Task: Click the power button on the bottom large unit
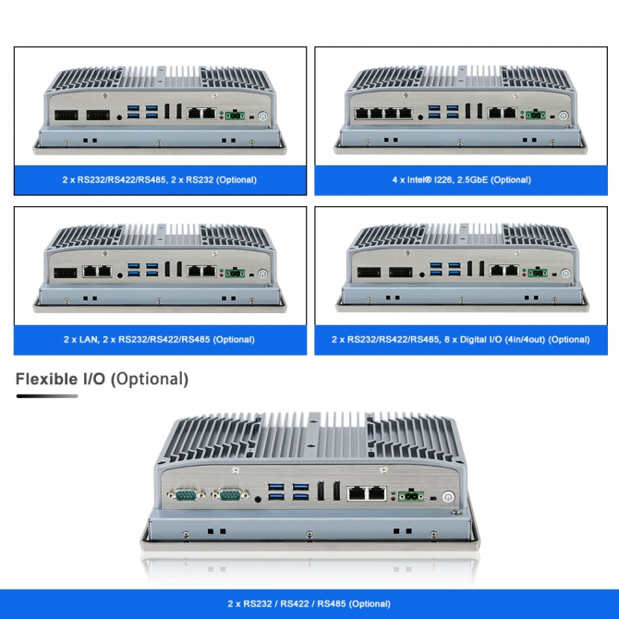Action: [448, 497]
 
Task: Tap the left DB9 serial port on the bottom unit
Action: [186, 494]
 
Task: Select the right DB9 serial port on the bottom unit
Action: [230, 494]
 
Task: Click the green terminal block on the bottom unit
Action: [411, 495]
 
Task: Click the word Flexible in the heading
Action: [46, 379]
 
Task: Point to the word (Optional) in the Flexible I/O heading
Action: [150, 379]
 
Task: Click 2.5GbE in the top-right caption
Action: [469, 180]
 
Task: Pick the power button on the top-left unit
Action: [262, 116]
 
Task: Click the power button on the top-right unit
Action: [564, 116]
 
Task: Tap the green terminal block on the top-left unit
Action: [235, 115]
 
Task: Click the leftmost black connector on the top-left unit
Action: [67, 115]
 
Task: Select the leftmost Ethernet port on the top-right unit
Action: [361, 114]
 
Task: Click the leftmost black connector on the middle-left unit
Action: [66, 273]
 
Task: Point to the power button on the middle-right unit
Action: [565, 273]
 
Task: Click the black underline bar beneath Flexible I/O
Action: [47, 396]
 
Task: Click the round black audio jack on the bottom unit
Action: [258, 500]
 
